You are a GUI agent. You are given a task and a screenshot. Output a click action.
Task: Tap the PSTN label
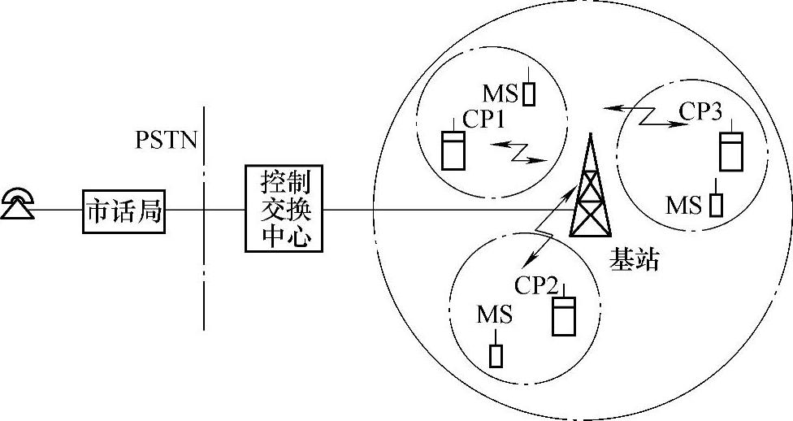pyautogui.click(x=166, y=140)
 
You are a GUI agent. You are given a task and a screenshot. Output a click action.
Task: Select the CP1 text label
pyautogui.click(x=484, y=120)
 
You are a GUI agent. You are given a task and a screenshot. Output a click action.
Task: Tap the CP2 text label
pyautogui.click(x=536, y=286)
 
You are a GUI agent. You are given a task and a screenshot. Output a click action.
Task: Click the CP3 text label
pyautogui.click(x=700, y=112)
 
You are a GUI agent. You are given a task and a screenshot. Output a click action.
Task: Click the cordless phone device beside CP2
pyautogui.click(x=562, y=313)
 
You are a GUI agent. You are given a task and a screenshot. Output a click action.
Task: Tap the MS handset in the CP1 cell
pyautogui.click(x=529, y=92)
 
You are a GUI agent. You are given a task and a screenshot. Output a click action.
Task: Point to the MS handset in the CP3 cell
pyautogui.click(x=715, y=202)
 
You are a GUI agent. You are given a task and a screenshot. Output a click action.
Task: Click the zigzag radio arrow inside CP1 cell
pyautogui.click(x=515, y=151)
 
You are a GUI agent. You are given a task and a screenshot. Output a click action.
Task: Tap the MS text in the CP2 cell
pyautogui.click(x=495, y=315)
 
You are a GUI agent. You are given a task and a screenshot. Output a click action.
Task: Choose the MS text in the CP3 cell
pyautogui.click(x=683, y=205)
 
